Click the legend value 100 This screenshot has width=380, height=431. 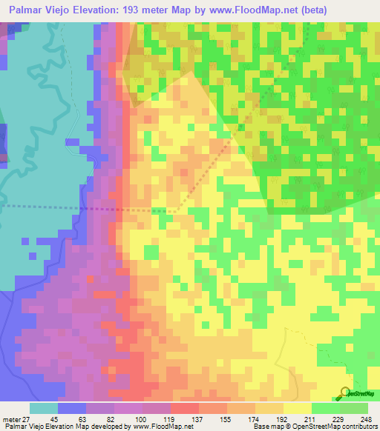point(142,418)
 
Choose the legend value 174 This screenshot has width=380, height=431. point(255,418)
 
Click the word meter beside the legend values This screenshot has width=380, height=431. point(11,418)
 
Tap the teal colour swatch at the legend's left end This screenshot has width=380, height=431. point(44,408)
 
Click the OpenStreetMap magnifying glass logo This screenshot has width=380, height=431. point(346,393)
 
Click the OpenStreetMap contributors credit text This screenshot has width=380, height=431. point(338,427)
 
